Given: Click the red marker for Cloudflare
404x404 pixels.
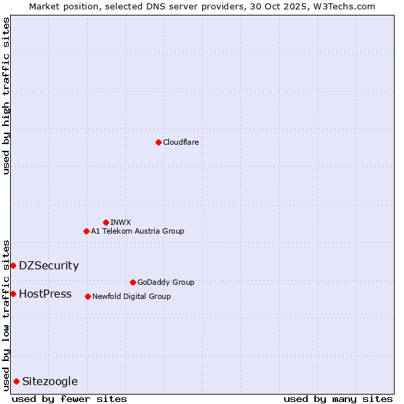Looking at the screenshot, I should coord(158,142).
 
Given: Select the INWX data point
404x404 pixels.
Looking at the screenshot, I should coord(106,222).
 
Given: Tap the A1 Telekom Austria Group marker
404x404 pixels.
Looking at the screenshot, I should coord(86,231).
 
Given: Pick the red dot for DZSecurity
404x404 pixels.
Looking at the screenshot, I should coord(13,265).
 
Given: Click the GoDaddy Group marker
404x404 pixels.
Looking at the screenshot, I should coord(133,282).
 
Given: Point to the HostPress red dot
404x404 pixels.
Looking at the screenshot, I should coord(13,294).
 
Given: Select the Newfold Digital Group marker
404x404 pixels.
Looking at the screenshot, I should coord(88,296).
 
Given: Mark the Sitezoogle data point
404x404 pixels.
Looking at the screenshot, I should coord(16,381).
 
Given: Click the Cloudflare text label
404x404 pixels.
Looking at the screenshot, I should coord(180,142).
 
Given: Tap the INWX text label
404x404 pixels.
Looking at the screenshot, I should coord(121,222).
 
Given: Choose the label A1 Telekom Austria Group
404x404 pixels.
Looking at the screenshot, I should coord(137,231).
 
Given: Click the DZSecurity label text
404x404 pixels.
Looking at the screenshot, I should coord(48,265).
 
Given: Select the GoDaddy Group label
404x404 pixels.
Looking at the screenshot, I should coord(166,282).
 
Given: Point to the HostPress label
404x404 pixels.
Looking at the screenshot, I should coord(45,294).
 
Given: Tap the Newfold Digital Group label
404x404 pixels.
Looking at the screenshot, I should coord(131,296).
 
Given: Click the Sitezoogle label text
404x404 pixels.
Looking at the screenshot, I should coord(50,381).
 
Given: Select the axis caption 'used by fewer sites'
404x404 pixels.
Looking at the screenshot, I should coord(69,399).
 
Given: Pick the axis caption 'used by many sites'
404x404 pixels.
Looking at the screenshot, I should coord(338,399).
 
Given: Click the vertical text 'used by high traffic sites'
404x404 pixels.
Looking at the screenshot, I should coord(6,96).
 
